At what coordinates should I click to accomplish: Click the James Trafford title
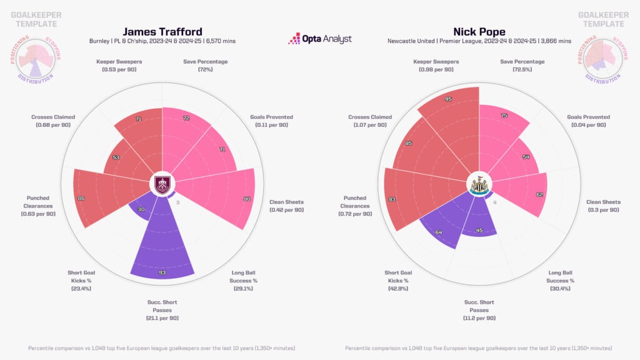pos(162,31)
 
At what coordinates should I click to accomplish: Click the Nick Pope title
pos(479,31)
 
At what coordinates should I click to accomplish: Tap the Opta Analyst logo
pos(320,39)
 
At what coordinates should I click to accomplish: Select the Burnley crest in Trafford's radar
pos(162,184)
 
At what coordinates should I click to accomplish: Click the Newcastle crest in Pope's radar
pos(479,184)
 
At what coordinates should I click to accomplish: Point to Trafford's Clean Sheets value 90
pos(247,199)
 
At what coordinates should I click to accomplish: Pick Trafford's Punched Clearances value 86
pos(81,198)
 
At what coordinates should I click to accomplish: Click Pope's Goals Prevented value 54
pos(526,156)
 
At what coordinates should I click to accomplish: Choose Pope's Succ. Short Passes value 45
pos(479,229)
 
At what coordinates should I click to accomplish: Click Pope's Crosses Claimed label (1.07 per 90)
pos(370,121)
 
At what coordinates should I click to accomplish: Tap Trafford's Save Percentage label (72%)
pos(206,66)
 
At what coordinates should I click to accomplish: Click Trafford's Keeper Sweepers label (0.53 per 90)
pos(119,66)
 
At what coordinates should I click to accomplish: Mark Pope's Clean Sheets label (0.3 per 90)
pos(603,206)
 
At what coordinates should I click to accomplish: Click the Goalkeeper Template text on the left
pos(36,19)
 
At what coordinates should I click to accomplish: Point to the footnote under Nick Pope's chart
pos(479,347)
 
